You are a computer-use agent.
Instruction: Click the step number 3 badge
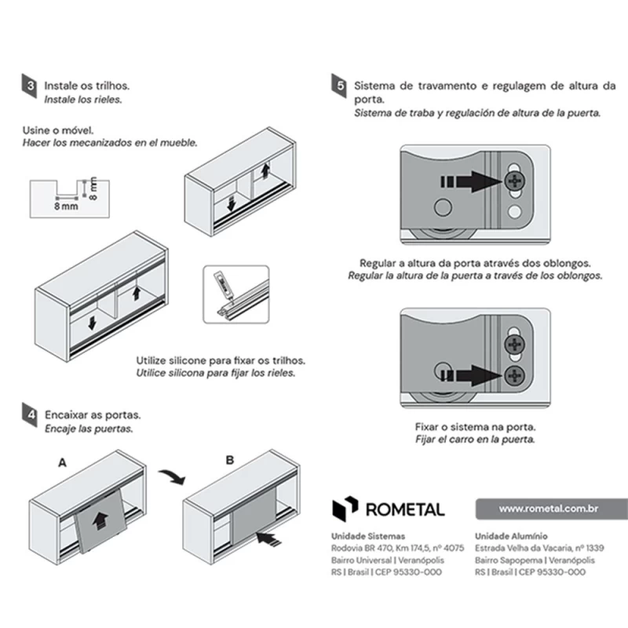pyautogui.click(x=29, y=86)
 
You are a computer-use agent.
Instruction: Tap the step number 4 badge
pyautogui.click(x=30, y=414)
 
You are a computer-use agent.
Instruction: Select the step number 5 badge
pyautogui.click(x=339, y=86)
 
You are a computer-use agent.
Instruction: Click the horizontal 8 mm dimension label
pyautogui.click(x=66, y=206)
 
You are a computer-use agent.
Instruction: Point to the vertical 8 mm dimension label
pyautogui.click(x=93, y=188)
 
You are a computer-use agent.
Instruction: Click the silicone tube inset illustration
pyautogui.click(x=236, y=294)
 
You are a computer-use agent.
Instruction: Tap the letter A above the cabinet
pyautogui.click(x=63, y=463)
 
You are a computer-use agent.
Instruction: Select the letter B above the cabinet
pyautogui.click(x=230, y=460)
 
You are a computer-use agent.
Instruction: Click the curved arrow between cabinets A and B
pyautogui.click(x=172, y=476)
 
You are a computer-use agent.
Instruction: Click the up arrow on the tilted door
pyautogui.click(x=97, y=521)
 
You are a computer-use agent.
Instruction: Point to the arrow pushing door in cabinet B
pyautogui.click(x=268, y=538)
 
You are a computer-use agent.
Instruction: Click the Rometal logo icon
pyautogui.click(x=345, y=509)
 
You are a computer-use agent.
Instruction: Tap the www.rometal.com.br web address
pyautogui.click(x=548, y=509)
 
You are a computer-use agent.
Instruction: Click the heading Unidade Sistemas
pyautogui.click(x=368, y=536)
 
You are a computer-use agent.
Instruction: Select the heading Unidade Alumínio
pyautogui.click(x=511, y=536)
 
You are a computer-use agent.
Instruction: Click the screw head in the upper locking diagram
pyautogui.click(x=515, y=181)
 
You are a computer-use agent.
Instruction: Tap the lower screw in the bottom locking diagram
pyautogui.click(x=515, y=376)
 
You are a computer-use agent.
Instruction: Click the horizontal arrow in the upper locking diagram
pyautogui.click(x=472, y=181)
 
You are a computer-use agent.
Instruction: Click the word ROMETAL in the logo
pyautogui.click(x=405, y=509)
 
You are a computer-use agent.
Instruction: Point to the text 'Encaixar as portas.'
pyautogui.click(x=93, y=414)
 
